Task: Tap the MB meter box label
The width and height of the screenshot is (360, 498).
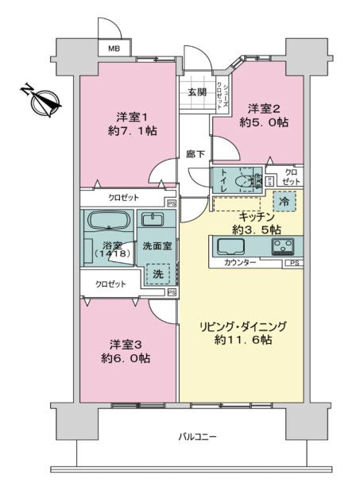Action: point(114,49)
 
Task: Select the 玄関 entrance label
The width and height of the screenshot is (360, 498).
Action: point(197,92)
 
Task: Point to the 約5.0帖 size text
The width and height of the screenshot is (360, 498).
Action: point(264,122)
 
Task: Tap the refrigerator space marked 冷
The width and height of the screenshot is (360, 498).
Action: point(284,202)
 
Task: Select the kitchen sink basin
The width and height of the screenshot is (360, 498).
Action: point(230,247)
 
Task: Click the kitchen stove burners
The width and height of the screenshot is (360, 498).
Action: point(282,247)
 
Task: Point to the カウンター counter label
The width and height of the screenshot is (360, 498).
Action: point(240,263)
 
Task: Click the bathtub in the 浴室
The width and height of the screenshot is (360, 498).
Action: point(109,220)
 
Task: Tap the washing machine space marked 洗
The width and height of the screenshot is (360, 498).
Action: point(158,274)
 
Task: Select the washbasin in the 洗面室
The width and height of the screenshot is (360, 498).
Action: point(153,220)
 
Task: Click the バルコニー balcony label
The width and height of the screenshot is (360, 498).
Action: point(197,437)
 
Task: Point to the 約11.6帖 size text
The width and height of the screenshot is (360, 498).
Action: point(243,340)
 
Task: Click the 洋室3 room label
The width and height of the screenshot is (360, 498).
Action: point(126,345)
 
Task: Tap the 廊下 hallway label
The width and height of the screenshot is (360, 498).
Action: point(195,155)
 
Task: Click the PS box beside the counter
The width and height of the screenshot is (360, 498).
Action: point(294,263)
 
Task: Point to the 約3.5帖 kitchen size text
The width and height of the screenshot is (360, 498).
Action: point(256,230)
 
